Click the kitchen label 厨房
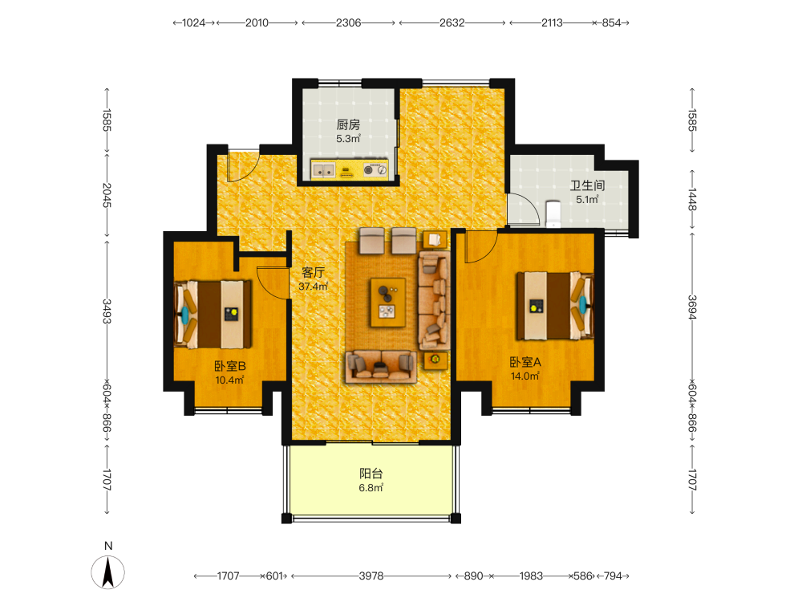coord(348,124)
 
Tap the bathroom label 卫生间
coord(587,185)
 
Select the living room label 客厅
coord(313,272)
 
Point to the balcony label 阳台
coord(371,474)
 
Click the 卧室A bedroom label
coord(525,362)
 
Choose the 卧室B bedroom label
coord(229,366)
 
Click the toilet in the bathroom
coord(553,214)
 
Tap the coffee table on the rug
coord(388,303)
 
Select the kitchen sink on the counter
coord(323,170)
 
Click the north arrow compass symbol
coord(108,572)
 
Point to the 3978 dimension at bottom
coord(371,576)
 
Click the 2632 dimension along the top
coord(452,22)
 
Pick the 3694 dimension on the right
coord(692,307)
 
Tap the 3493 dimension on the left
coord(107,311)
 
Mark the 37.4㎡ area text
coord(313,287)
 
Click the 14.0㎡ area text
coord(525,376)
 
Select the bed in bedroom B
coord(213,314)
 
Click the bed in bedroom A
coord(555,306)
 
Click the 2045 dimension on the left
coord(107,195)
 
